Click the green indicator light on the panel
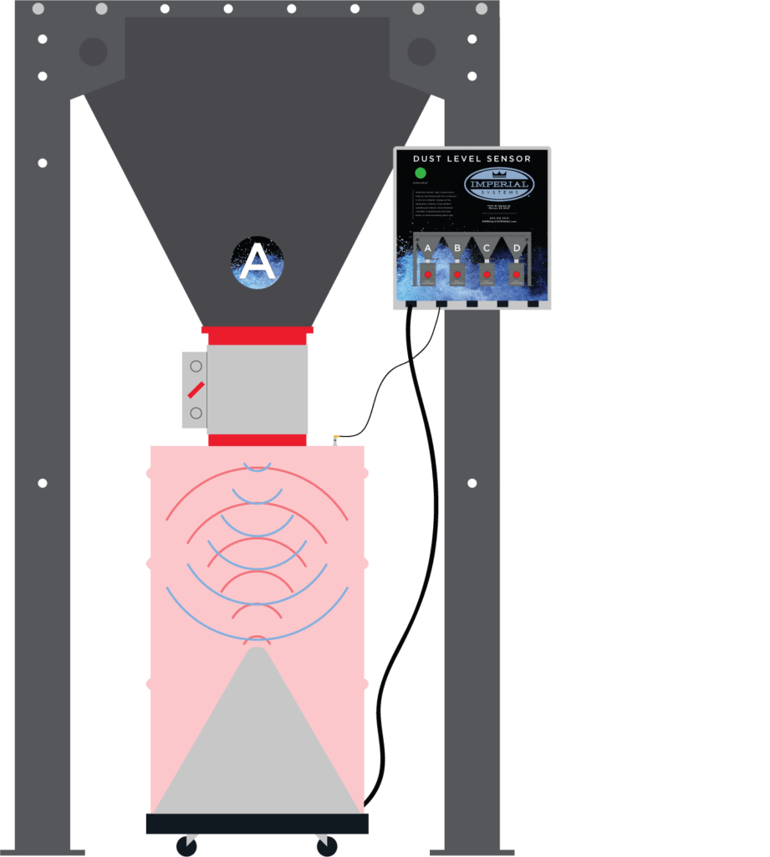[x=421, y=173]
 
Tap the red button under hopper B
[x=457, y=275]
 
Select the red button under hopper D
[x=516, y=275]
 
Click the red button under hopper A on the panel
[x=427, y=275]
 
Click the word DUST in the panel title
[x=428, y=158]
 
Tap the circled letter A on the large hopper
[x=257, y=263]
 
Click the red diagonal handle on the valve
[x=196, y=389]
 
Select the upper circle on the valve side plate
[x=196, y=366]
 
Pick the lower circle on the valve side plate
[x=196, y=413]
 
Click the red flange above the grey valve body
[x=257, y=335]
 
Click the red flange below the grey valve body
[x=257, y=440]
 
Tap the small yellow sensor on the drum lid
[x=335, y=438]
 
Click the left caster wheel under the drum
[x=186, y=846]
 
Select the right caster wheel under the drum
[x=327, y=846]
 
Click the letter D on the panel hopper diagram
[x=517, y=249]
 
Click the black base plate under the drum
[x=257, y=824]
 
